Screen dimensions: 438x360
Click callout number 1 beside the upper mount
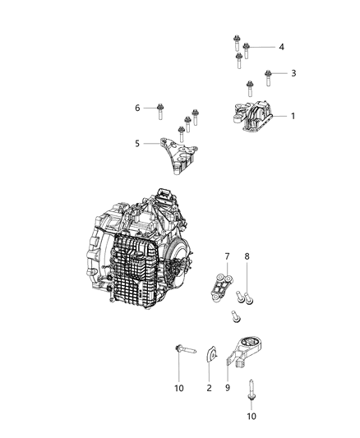pos(293,116)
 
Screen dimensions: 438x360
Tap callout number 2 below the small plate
pos(209,387)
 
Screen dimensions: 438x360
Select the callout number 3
pos(293,74)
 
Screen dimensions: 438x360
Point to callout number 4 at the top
pos(281,48)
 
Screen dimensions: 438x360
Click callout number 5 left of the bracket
pos(137,143)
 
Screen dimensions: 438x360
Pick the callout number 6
pos(138,108)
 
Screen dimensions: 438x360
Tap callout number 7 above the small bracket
pos(227,257)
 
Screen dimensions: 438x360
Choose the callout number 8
pos(247,257)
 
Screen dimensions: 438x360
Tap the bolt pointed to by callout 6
pos(159,108)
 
